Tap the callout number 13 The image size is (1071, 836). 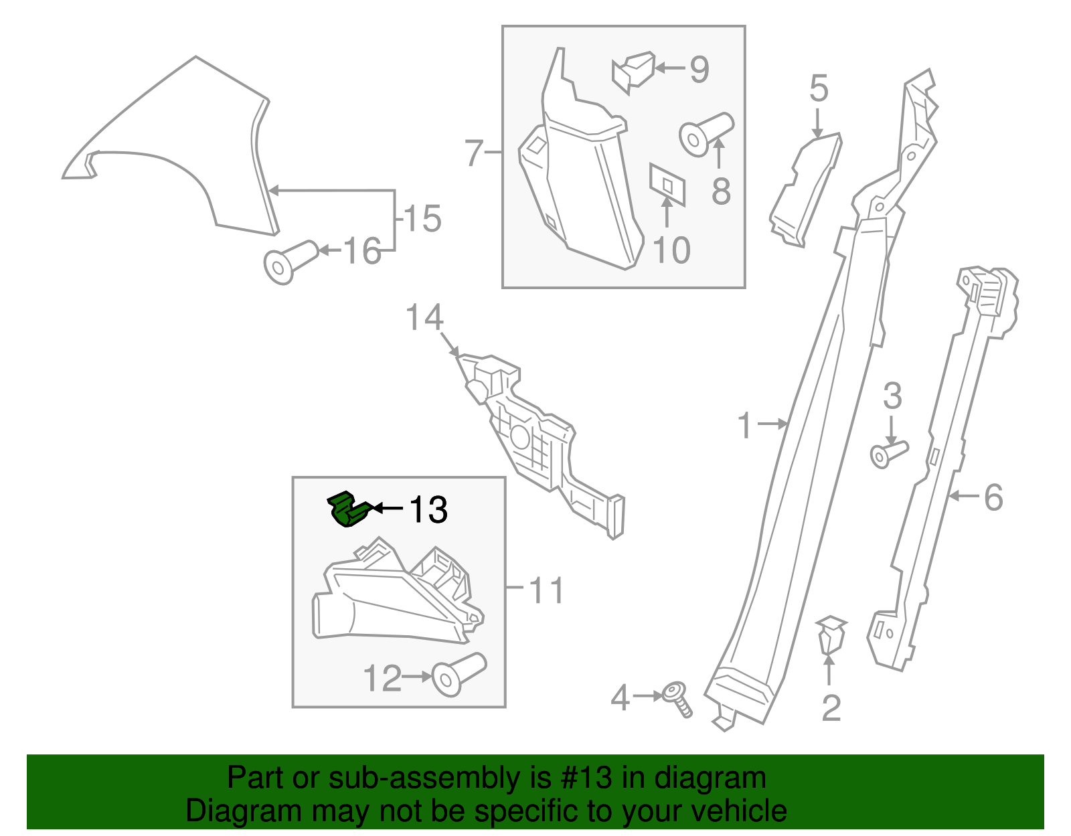(428, 510)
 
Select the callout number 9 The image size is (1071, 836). (699, 70)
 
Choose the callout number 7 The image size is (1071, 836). (474, 153)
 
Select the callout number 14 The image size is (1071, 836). (424, 317)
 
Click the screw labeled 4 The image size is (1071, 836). (677, 698)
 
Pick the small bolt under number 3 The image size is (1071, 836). (888, 453)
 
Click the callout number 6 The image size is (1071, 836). (993, 497)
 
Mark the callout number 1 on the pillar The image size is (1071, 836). (744, 426)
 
